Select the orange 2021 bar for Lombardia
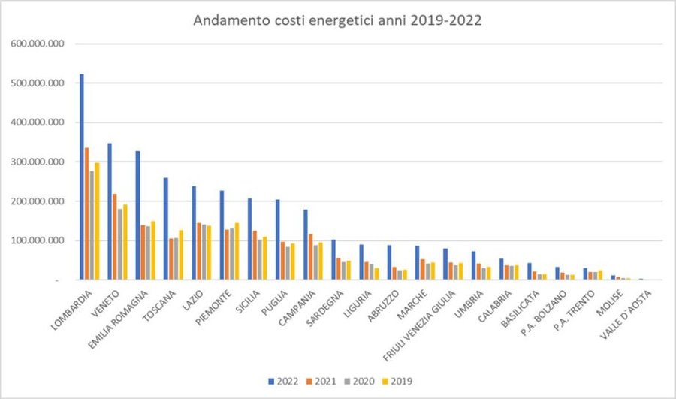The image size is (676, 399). click(87, 213)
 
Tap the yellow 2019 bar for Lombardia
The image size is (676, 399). click(97, 221)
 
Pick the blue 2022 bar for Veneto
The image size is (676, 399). click(110, 211)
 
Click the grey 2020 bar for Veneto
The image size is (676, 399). click(120, 244)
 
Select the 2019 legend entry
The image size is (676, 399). click(397, 381)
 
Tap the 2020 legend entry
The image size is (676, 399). click(361, 381)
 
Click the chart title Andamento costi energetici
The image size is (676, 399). click(337, 20)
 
